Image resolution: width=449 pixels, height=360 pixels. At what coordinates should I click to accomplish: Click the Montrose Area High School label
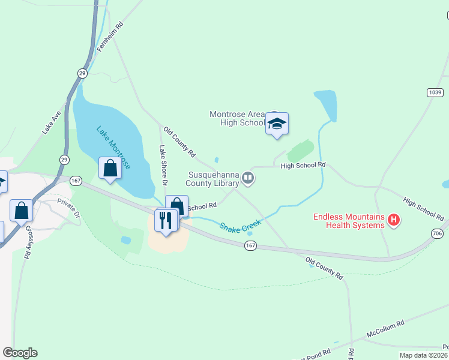tap(238, 118)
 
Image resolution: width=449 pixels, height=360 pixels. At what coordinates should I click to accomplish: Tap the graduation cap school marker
tap(277, 124)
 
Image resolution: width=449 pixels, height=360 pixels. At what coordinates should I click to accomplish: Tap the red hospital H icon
tap(394, 220)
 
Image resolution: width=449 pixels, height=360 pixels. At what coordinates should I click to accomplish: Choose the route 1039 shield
tap(435, 92)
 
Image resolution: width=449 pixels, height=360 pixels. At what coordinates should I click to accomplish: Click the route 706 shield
tap(438, 232)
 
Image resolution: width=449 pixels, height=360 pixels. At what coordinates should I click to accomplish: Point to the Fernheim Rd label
tap(110, 38)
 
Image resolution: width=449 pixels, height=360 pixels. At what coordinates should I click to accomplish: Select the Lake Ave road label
tap(52, 122)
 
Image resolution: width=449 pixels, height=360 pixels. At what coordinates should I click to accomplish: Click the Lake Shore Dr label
tap(162, 165)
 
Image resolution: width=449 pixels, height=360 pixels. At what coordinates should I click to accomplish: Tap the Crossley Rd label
tap(28, 245)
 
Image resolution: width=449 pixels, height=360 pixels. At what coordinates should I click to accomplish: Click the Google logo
tap(20, 353)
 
